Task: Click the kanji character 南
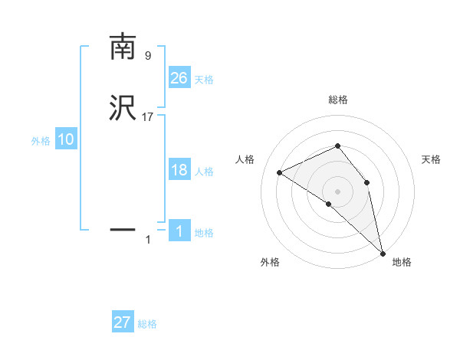click(x=123, y=47)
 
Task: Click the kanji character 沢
click(x=123, y=109)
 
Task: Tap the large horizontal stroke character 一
click(x=123, y=228)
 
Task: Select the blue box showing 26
click(x=179, y=77)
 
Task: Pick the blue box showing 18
click(x=179, y=170)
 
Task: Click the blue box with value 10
click(x=66, y=139)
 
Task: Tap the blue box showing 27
click(x=123, y=322)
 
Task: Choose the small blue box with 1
click(x=179, y=231)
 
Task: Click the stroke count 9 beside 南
click(x=148, y=56)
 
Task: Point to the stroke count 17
click(x=149, y=117)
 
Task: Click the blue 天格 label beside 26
click(x=204, y=80)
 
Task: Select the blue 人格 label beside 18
click(x=204, y=172)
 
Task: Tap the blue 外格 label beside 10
click(x=41, y=142)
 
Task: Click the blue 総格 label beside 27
click(x=147, y=325)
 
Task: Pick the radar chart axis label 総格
click(x=337, y=100)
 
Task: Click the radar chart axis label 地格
click(x=402, y=263)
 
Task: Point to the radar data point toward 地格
click(x=382, y=252)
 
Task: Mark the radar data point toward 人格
click(x=280, y=172)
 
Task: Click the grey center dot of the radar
click(x=337, y=191)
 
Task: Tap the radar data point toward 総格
click(x=337, y=146)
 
